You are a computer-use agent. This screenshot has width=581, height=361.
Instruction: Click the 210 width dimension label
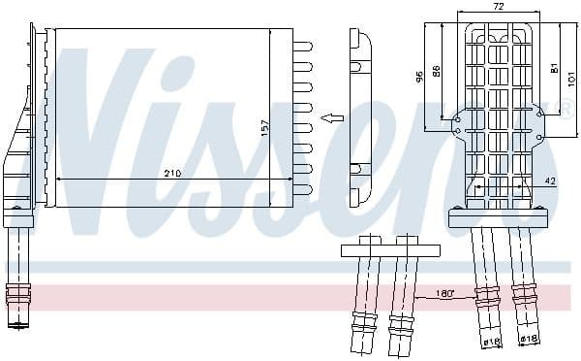(171, 173)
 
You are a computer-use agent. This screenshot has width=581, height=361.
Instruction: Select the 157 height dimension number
(263, 127)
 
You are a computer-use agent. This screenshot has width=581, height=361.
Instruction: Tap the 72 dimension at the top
(498, 6)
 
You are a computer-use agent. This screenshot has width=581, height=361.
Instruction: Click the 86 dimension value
(437, 71)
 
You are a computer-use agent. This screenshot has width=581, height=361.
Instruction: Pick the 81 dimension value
(552, 67)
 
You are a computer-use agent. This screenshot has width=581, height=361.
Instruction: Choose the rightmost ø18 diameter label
(529, 339)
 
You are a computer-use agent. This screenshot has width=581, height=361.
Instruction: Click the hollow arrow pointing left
(332, 118)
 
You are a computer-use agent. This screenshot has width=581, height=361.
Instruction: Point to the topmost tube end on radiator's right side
(303, 45)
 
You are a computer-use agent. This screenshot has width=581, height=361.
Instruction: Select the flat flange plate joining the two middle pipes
(382, 250)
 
